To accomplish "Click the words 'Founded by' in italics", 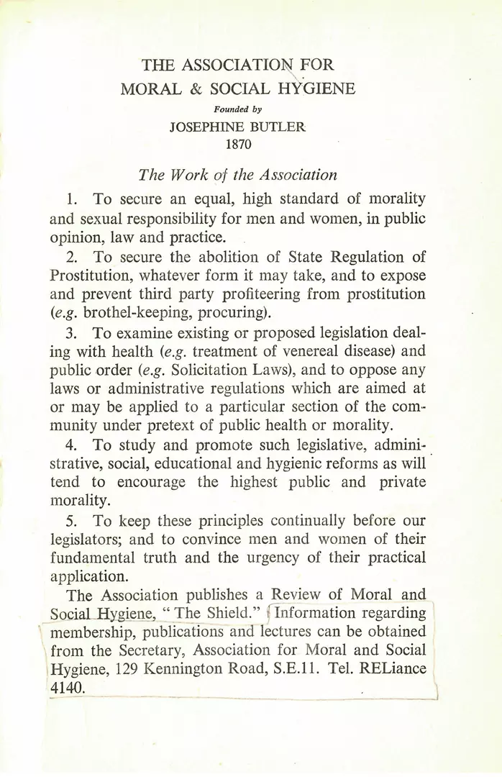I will [x=237, y=110].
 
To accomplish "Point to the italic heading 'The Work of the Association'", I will [x=237, y=175].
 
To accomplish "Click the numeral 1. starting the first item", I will [x=70, y=198].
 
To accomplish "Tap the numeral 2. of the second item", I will [x=70, y=257].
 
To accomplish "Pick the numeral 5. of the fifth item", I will [x=70, y=520].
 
